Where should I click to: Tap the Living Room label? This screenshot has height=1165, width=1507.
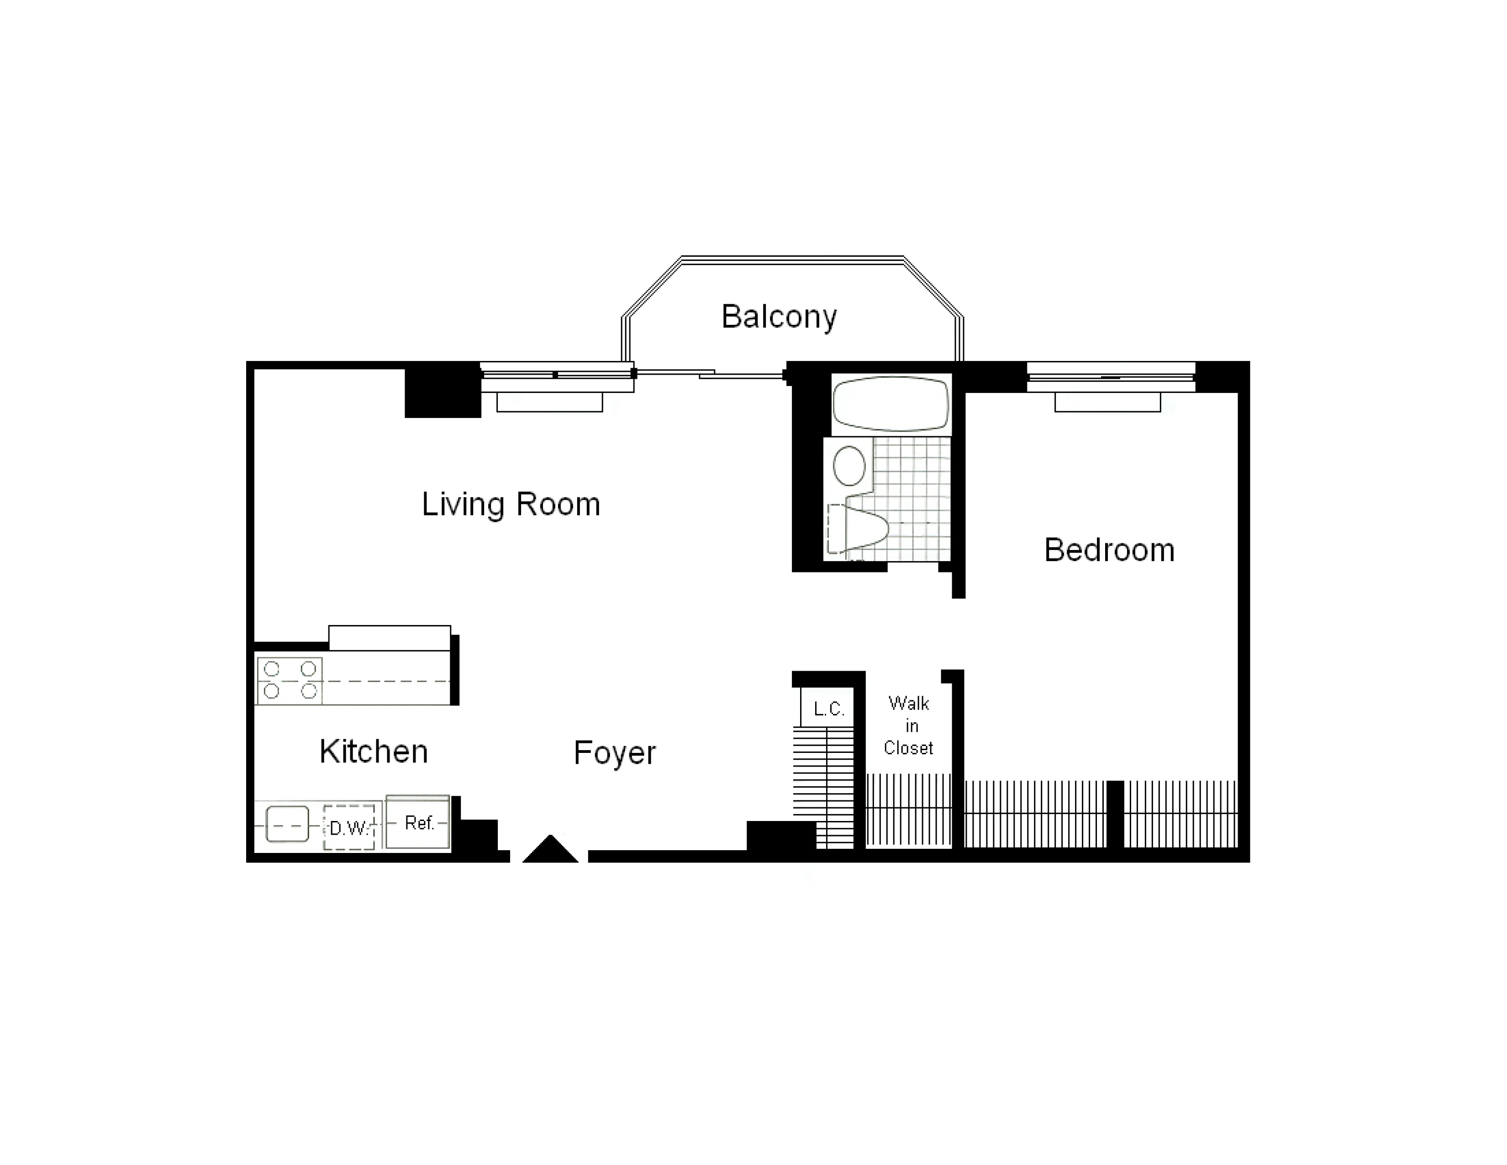[511, 504]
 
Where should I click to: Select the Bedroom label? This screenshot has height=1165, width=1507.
[1109, 550]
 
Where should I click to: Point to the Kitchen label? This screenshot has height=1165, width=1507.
[373, 752]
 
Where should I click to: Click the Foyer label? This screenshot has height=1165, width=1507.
[614, 753]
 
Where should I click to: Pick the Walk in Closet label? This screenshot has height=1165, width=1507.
[909, 726]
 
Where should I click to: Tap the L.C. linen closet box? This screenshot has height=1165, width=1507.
[827, 709]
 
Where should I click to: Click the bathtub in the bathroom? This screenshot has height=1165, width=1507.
[891, 404]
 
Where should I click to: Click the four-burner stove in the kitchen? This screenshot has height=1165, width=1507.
[290, 681]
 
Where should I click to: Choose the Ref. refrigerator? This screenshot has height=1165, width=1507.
[417, 823]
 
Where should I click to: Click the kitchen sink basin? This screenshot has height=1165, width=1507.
[287, 825]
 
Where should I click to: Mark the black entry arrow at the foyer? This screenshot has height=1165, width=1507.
[550, 850]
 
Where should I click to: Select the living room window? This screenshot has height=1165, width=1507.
[556, 376]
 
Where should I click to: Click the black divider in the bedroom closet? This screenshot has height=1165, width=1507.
[1115, 815]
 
